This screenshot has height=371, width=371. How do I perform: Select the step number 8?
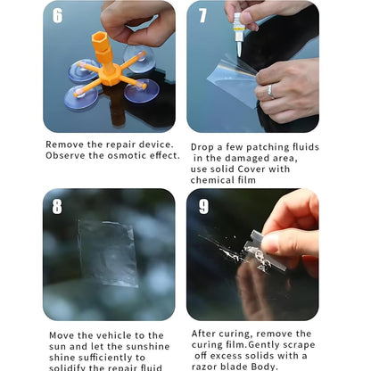pyautogui.click(x=57, y=207)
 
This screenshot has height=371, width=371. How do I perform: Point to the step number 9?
pyautogui.click(x=202, y=207)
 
